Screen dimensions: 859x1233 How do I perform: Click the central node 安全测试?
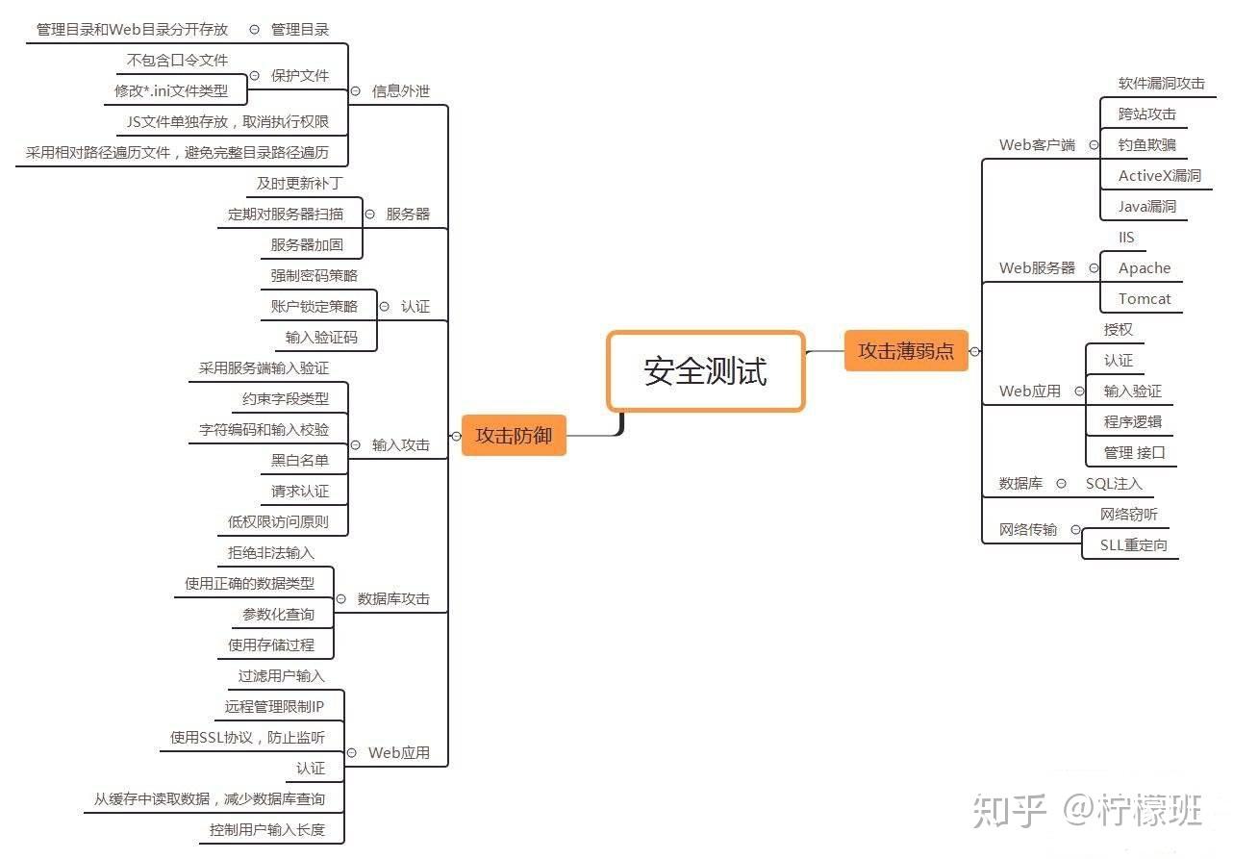tap(705, 371)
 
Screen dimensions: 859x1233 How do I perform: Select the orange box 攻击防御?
tap(514, 435)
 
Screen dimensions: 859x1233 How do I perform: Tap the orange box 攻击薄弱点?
tap(905, 351)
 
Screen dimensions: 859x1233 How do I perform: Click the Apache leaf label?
tap(1144, 268)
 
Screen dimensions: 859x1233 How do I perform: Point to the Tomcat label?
tap(1144, 299)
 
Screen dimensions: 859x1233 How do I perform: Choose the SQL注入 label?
tap(1114, 484)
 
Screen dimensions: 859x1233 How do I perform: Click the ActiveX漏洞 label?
tap(1159, 176)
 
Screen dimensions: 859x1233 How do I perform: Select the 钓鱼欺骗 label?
tap(1146, 145)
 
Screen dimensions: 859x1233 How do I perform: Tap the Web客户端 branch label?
tap(1037, 145)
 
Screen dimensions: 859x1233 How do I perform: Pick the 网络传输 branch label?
tap(1027, 530)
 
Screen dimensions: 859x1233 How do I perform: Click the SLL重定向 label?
tap(1133, 545)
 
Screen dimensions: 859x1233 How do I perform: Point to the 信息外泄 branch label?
tap(401, 91)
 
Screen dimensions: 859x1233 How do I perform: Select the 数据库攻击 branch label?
tap(393, 599)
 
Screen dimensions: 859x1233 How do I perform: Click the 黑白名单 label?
tap(299, 461)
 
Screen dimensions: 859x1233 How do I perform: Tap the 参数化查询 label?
tap(278, 615)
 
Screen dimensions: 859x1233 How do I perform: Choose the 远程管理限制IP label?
tap(274, 707)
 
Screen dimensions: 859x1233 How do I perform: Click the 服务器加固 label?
tap(307, 245)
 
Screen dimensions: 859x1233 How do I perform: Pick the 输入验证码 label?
tap(321, 338)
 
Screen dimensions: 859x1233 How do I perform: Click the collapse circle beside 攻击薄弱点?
tap(974, 352)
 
